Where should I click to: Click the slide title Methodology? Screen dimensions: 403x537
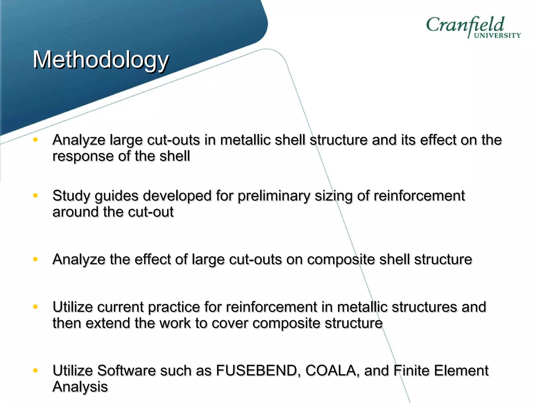tap(101, 60)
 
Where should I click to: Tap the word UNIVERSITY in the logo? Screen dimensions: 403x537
tap(497, 35)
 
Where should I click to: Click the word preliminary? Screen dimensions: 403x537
tap(273, 196)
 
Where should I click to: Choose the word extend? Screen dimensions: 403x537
tap(108, 323)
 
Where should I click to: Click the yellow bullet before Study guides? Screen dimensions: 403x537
tap(35, 195)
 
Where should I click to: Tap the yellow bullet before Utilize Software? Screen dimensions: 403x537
tap(35, 370)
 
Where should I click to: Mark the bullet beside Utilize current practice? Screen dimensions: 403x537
tap(35, 306)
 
